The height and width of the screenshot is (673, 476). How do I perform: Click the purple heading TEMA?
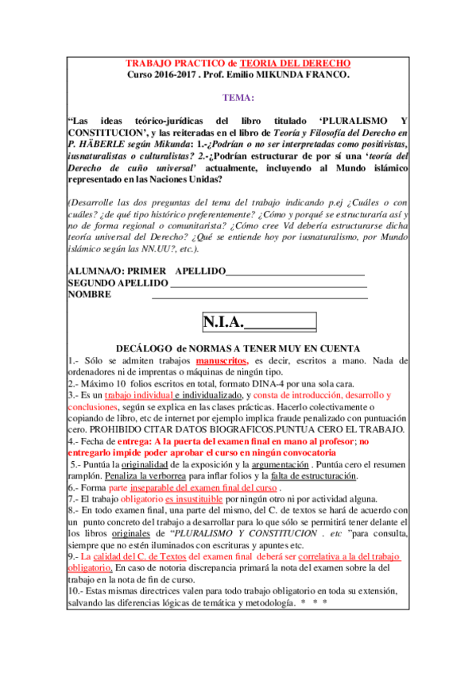(x=238, y=98)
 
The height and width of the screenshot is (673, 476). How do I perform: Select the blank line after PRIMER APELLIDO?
(x=295, y=271)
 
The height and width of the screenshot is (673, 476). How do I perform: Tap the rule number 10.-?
(x=76, y=590)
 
